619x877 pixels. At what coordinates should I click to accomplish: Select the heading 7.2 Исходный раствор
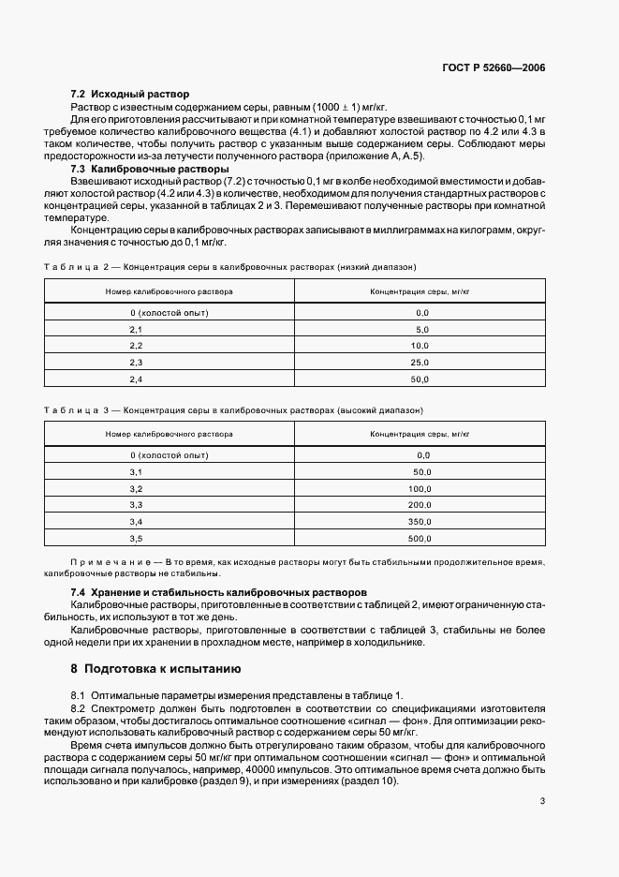point(130,95)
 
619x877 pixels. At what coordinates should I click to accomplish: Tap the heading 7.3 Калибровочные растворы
point(150,169)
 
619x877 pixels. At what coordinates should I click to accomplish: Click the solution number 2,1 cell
point(136,329)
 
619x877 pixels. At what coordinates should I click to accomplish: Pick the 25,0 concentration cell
point(420,362)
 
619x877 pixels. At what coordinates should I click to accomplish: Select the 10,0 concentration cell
point(420,346)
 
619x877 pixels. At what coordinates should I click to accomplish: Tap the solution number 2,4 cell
point(136,379)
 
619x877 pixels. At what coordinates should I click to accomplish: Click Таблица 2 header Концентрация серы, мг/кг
point(420,291)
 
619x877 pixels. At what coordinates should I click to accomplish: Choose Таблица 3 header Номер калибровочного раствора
point(169,435)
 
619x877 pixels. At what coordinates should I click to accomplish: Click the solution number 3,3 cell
point(136,505)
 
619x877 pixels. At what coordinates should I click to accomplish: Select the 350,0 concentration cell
point(420,522)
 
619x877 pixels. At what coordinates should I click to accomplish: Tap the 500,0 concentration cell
point(420,539)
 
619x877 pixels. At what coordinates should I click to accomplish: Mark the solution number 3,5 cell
point(136,539)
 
